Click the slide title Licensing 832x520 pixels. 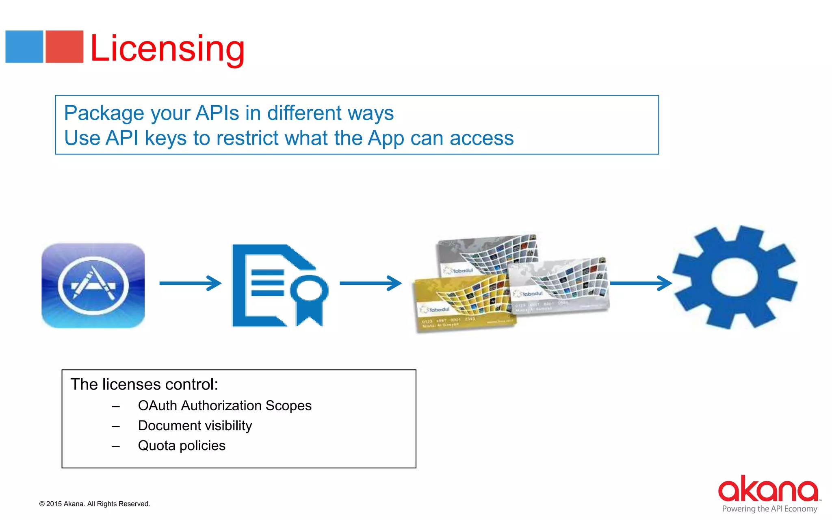coord(167,49)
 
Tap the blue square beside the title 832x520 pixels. coord(24,47)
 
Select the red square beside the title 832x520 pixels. coord(64,47)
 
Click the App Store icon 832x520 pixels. coord(93,286)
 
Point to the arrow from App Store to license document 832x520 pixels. coord(190,283)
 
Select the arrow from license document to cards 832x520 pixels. coord(370,283)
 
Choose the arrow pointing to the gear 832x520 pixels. coord(640,283)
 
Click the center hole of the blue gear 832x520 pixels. coord(733,277)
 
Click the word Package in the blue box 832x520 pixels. coord(104,113)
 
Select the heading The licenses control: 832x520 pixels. coord(144,384)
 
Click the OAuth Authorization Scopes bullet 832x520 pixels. coord(225,405)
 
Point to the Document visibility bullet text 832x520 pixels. coord(195,426)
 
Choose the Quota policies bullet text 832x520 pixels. coord(182,446)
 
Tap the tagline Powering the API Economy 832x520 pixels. coord(769,509)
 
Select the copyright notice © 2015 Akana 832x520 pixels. coord(95,504)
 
